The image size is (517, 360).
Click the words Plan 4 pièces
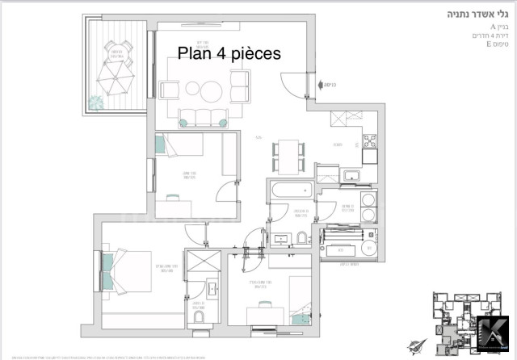pyautogui.click(x=229, y=54)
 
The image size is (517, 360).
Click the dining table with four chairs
pyautogui.click(x=288, y=153)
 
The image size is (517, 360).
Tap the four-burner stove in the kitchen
pyautogui.click(x=370, y=142)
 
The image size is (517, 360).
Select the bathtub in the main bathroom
pyautogui.click(x=290, y=193)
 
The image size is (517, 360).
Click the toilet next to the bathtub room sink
pyautogui.click(x=301, y=237)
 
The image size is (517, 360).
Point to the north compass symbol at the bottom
pyautogui.click(x=416, y=345)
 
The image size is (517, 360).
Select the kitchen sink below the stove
pyautogui.click(x=352, y=175)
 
